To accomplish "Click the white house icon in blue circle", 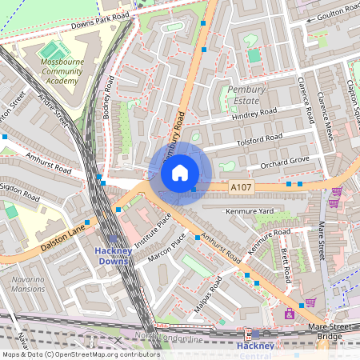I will click(x=180, y=173).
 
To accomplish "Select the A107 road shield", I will click(x=241, y=186).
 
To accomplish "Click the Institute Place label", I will click(x=154, y=234).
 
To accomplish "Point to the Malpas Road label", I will click(x=207, y=295).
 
